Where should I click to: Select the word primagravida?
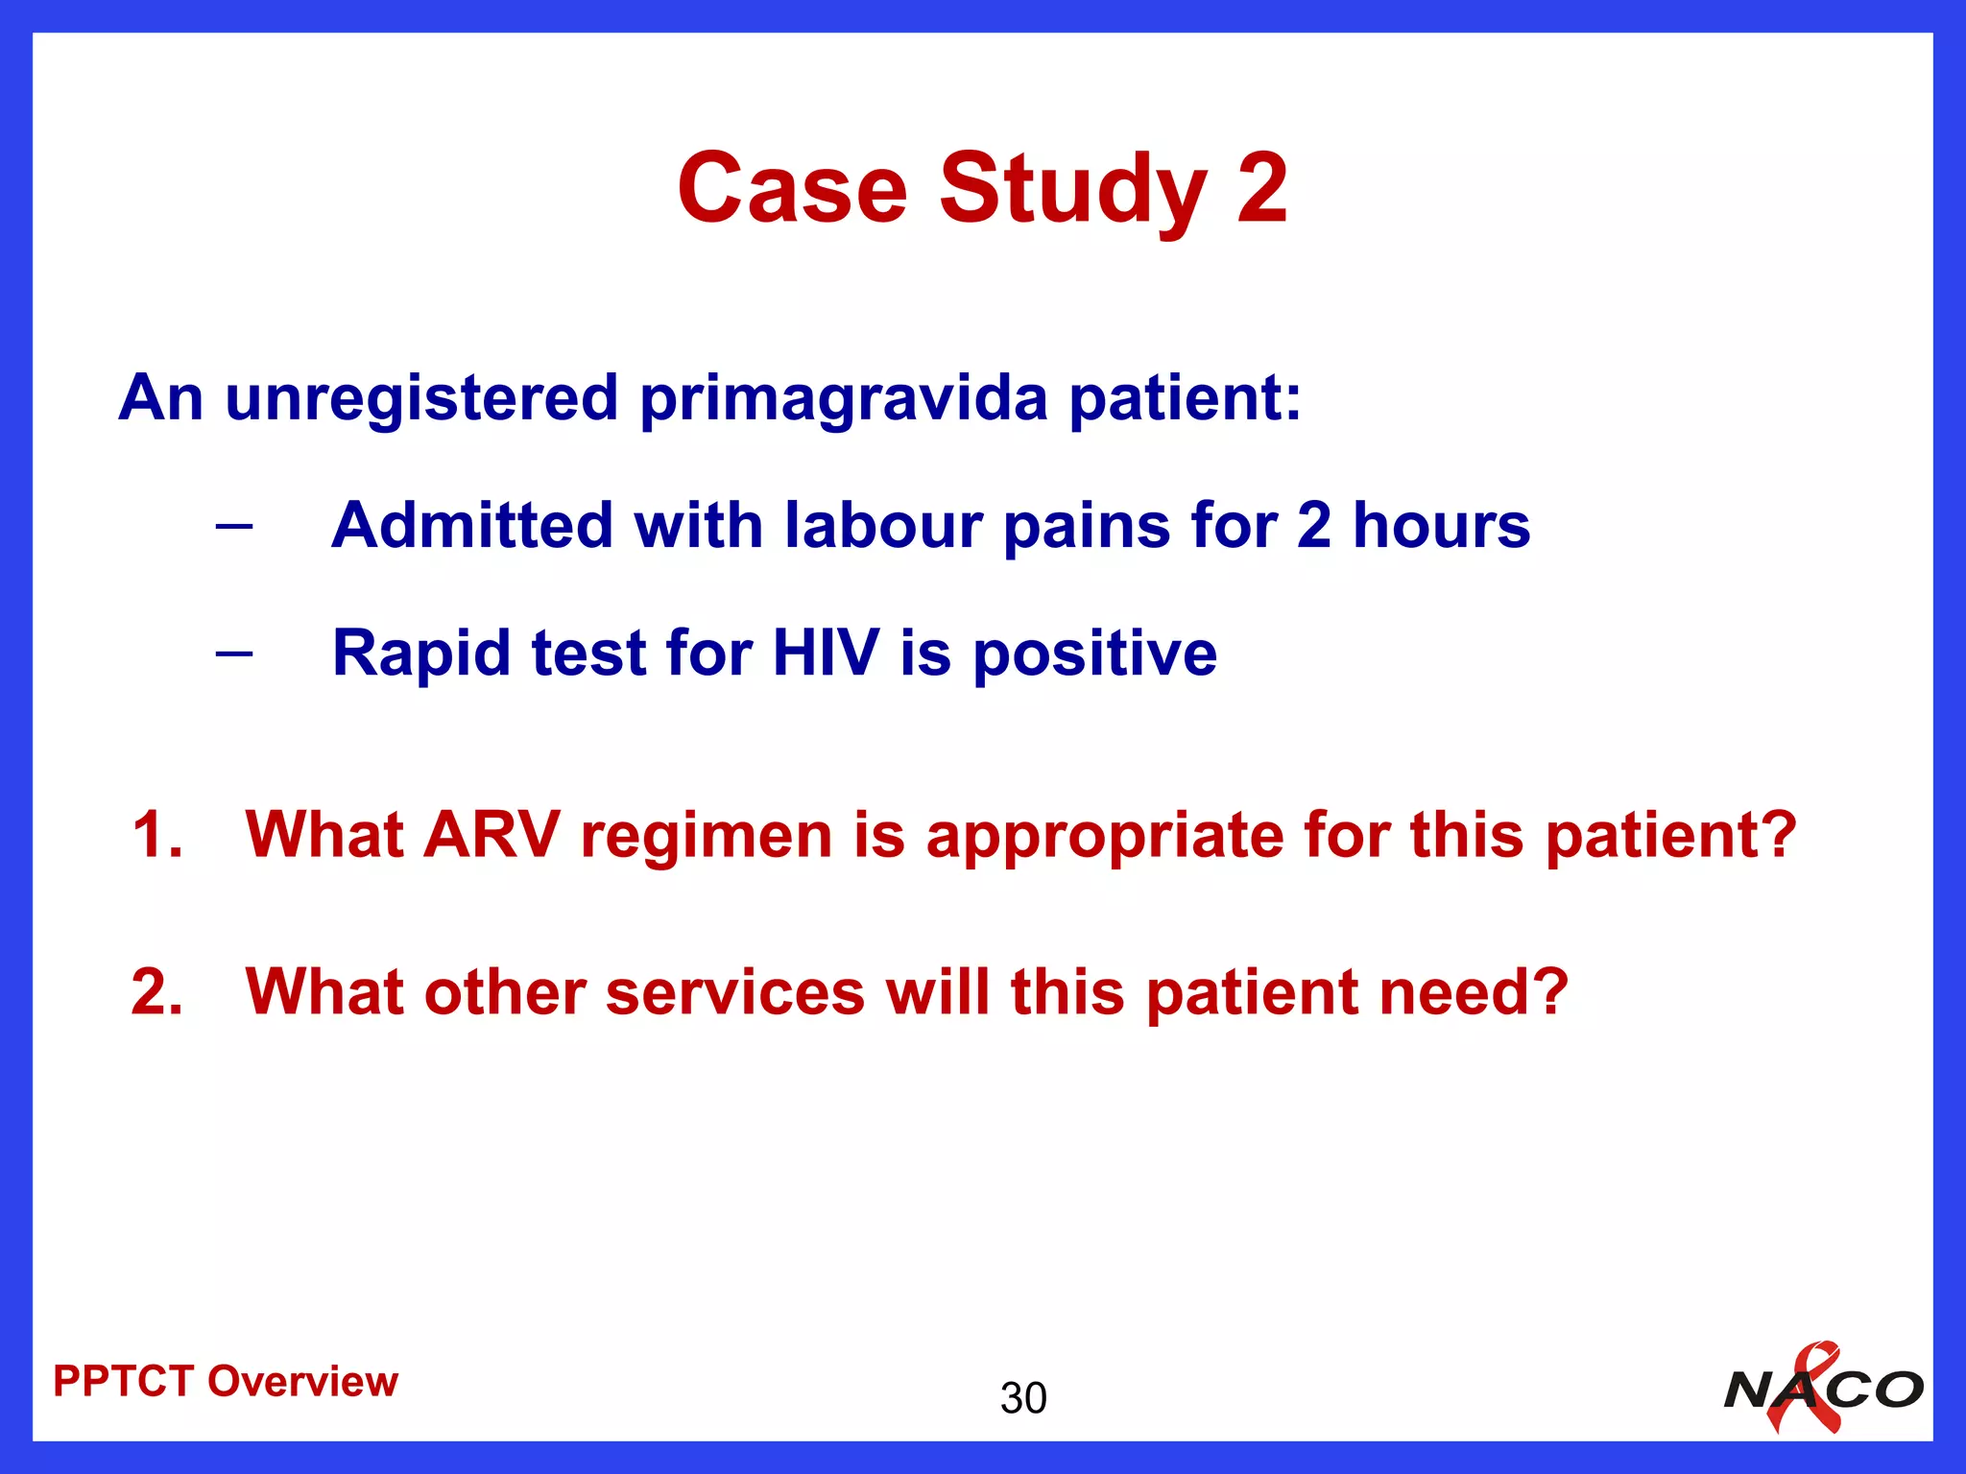[x=844, y=397]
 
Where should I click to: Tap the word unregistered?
[x=421, y=397]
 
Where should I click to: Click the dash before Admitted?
[x=234, y=526]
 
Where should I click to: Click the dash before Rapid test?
[x=234, y=654]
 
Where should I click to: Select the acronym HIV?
[x=826, y=654]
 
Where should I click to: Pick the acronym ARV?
[x=491, y=834]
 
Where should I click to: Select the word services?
[x=735, y=992]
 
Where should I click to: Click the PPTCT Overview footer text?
[x=226, y=1382]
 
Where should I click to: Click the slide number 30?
[x=1023, y=1398]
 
